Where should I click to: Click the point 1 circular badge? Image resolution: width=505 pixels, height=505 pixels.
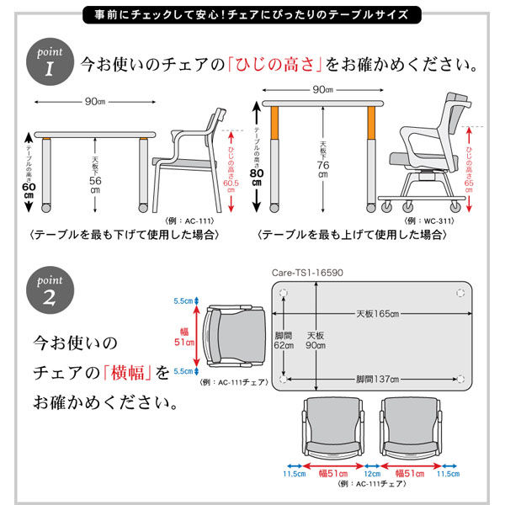point(48,62)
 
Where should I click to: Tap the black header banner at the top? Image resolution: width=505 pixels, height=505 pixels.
point(252,14)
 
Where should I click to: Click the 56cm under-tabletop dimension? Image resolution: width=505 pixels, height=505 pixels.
point(95,173)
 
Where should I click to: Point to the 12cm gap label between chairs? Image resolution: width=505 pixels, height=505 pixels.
point(371,474)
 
